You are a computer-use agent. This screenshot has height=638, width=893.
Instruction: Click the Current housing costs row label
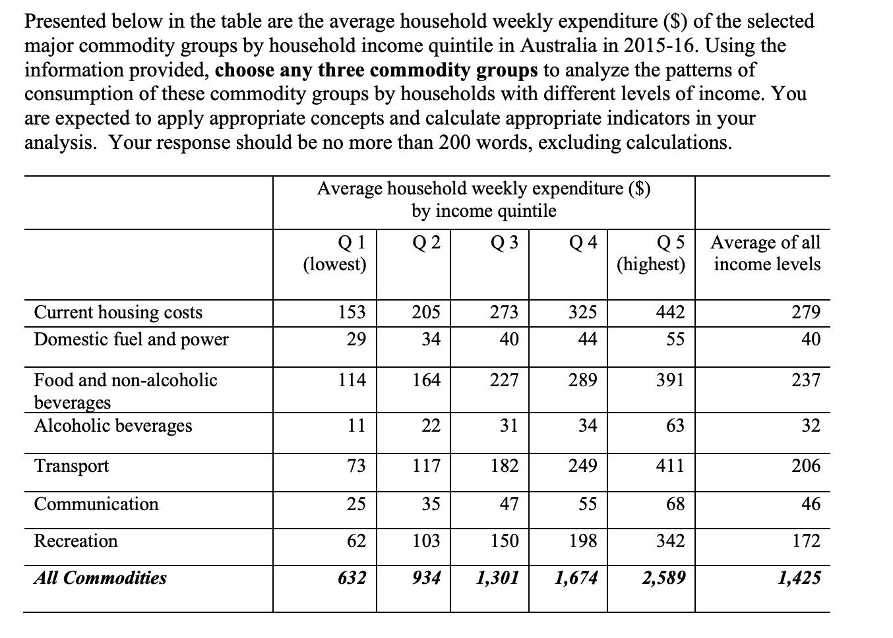point(118,312)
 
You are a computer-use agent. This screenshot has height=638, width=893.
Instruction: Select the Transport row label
point(71,466)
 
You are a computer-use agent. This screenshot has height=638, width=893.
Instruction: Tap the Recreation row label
point(76,541)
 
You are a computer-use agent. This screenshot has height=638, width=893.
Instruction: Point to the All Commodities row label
point(100,578)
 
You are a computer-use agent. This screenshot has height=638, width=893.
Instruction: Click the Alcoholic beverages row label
point(113,426)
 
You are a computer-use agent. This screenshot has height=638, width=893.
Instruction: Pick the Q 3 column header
point(505,243)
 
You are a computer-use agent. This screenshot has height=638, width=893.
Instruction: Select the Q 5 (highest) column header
point(651,254)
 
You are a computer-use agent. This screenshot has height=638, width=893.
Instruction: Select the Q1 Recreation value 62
point(356,541)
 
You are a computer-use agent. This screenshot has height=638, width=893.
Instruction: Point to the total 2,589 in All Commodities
point(663,578)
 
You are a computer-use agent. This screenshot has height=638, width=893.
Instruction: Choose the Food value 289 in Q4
point(583,380)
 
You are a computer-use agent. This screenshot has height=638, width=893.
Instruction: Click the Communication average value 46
point(811,504)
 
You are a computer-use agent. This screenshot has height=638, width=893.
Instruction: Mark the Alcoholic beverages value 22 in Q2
point(431,426)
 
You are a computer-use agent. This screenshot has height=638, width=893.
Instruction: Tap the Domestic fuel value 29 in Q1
point(356,339)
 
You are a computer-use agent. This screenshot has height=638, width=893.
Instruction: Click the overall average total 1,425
point(799,578)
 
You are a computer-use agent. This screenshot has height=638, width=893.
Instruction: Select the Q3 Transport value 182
point(505,466)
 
